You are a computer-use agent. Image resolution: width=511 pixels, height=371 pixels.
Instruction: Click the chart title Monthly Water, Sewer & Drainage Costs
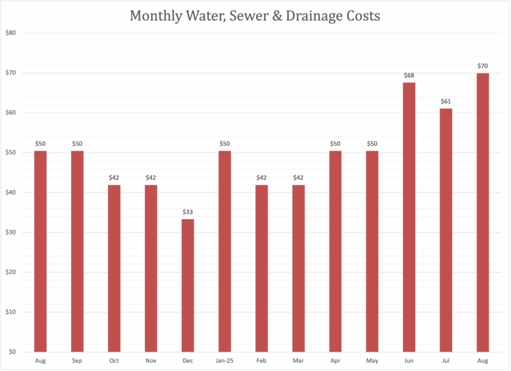255,15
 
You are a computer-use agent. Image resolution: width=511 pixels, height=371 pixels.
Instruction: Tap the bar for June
409,217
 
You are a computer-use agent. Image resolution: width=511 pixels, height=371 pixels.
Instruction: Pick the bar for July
446,230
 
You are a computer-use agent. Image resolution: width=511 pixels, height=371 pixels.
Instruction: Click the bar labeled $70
482,212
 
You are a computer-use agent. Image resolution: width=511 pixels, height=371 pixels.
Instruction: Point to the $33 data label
188,212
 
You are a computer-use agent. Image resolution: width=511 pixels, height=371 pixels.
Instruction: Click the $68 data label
409,75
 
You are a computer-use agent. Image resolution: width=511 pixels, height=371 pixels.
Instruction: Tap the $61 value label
446,102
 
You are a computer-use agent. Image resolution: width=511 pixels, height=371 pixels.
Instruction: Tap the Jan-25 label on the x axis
225,360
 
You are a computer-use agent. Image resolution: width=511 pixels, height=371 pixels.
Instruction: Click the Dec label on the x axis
188,360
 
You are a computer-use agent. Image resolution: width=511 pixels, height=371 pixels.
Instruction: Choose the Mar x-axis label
299,360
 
